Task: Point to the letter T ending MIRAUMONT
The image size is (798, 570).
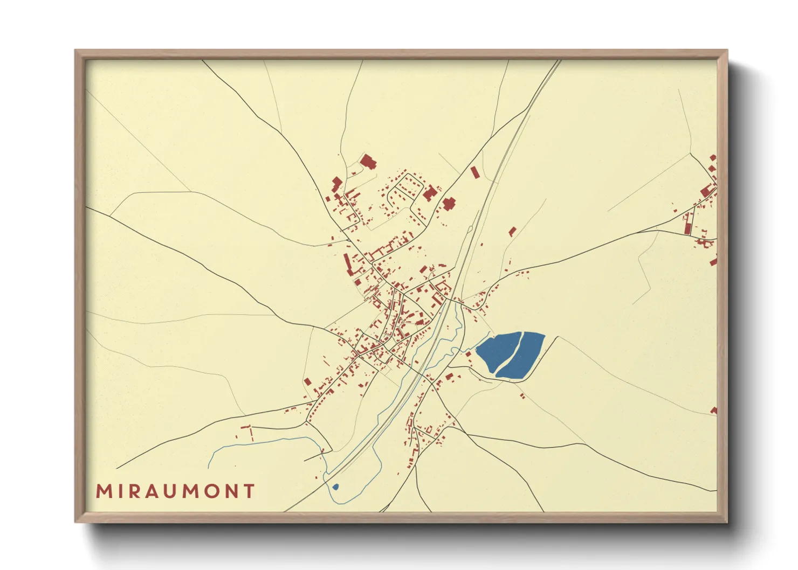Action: [x=249, y=491]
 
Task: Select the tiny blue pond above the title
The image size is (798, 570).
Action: [x=335, y=487]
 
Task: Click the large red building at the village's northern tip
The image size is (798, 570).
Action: [x=368, y=161]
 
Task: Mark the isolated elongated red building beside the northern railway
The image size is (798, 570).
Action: [x=474, y=172]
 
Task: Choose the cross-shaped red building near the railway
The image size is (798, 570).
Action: [x=449, y=204]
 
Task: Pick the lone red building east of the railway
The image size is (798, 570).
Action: [x=512, y=232]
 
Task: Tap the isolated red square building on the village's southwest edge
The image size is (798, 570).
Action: [x=307, y=381]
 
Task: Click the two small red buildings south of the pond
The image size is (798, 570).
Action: [x=522, y=396]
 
